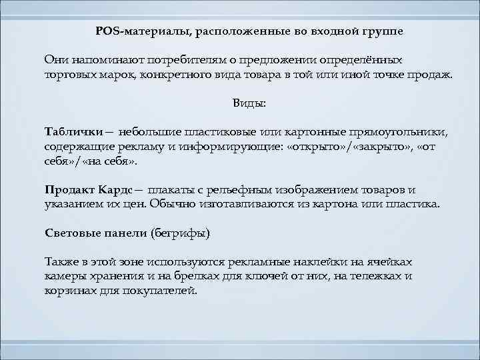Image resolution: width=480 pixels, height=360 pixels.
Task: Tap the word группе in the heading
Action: [x=380, y=31]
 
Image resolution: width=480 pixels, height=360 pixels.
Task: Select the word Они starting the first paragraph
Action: [x=55, y=60]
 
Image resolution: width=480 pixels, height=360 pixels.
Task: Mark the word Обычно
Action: [x=171, y=204]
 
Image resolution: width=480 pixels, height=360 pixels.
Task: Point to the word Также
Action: [x=60, y=262]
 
